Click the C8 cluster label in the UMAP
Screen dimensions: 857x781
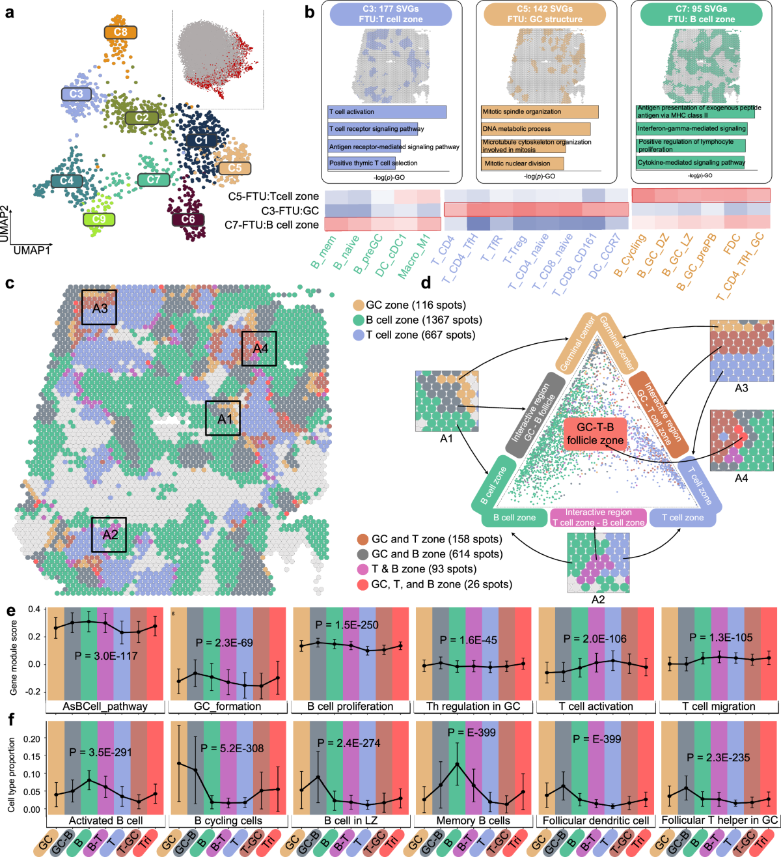coord(120,32)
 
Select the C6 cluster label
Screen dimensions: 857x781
coord(188,219)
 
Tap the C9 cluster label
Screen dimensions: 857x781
coord(99,219)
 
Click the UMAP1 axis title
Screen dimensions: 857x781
coord(32,250)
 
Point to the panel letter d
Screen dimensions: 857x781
coord(426,283)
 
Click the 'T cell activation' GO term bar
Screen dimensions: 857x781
coord(387,112)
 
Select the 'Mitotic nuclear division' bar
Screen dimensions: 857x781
coord(517,163)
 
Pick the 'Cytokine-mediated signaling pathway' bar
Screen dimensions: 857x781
coord(691,163)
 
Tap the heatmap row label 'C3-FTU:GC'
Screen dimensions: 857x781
coord(290,210)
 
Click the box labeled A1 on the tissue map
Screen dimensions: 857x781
coord(223,418)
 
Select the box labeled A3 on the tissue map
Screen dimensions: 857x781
coord(99,307)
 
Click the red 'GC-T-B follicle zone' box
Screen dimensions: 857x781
coord(595,434)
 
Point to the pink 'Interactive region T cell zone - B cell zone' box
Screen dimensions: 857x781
coord(598,518)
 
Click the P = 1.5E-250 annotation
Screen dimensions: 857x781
coord(347,625)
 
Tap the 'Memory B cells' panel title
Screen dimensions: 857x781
coord(473,821)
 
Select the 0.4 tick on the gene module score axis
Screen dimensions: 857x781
coord(34,610)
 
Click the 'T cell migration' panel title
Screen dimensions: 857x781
coord(719,707)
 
